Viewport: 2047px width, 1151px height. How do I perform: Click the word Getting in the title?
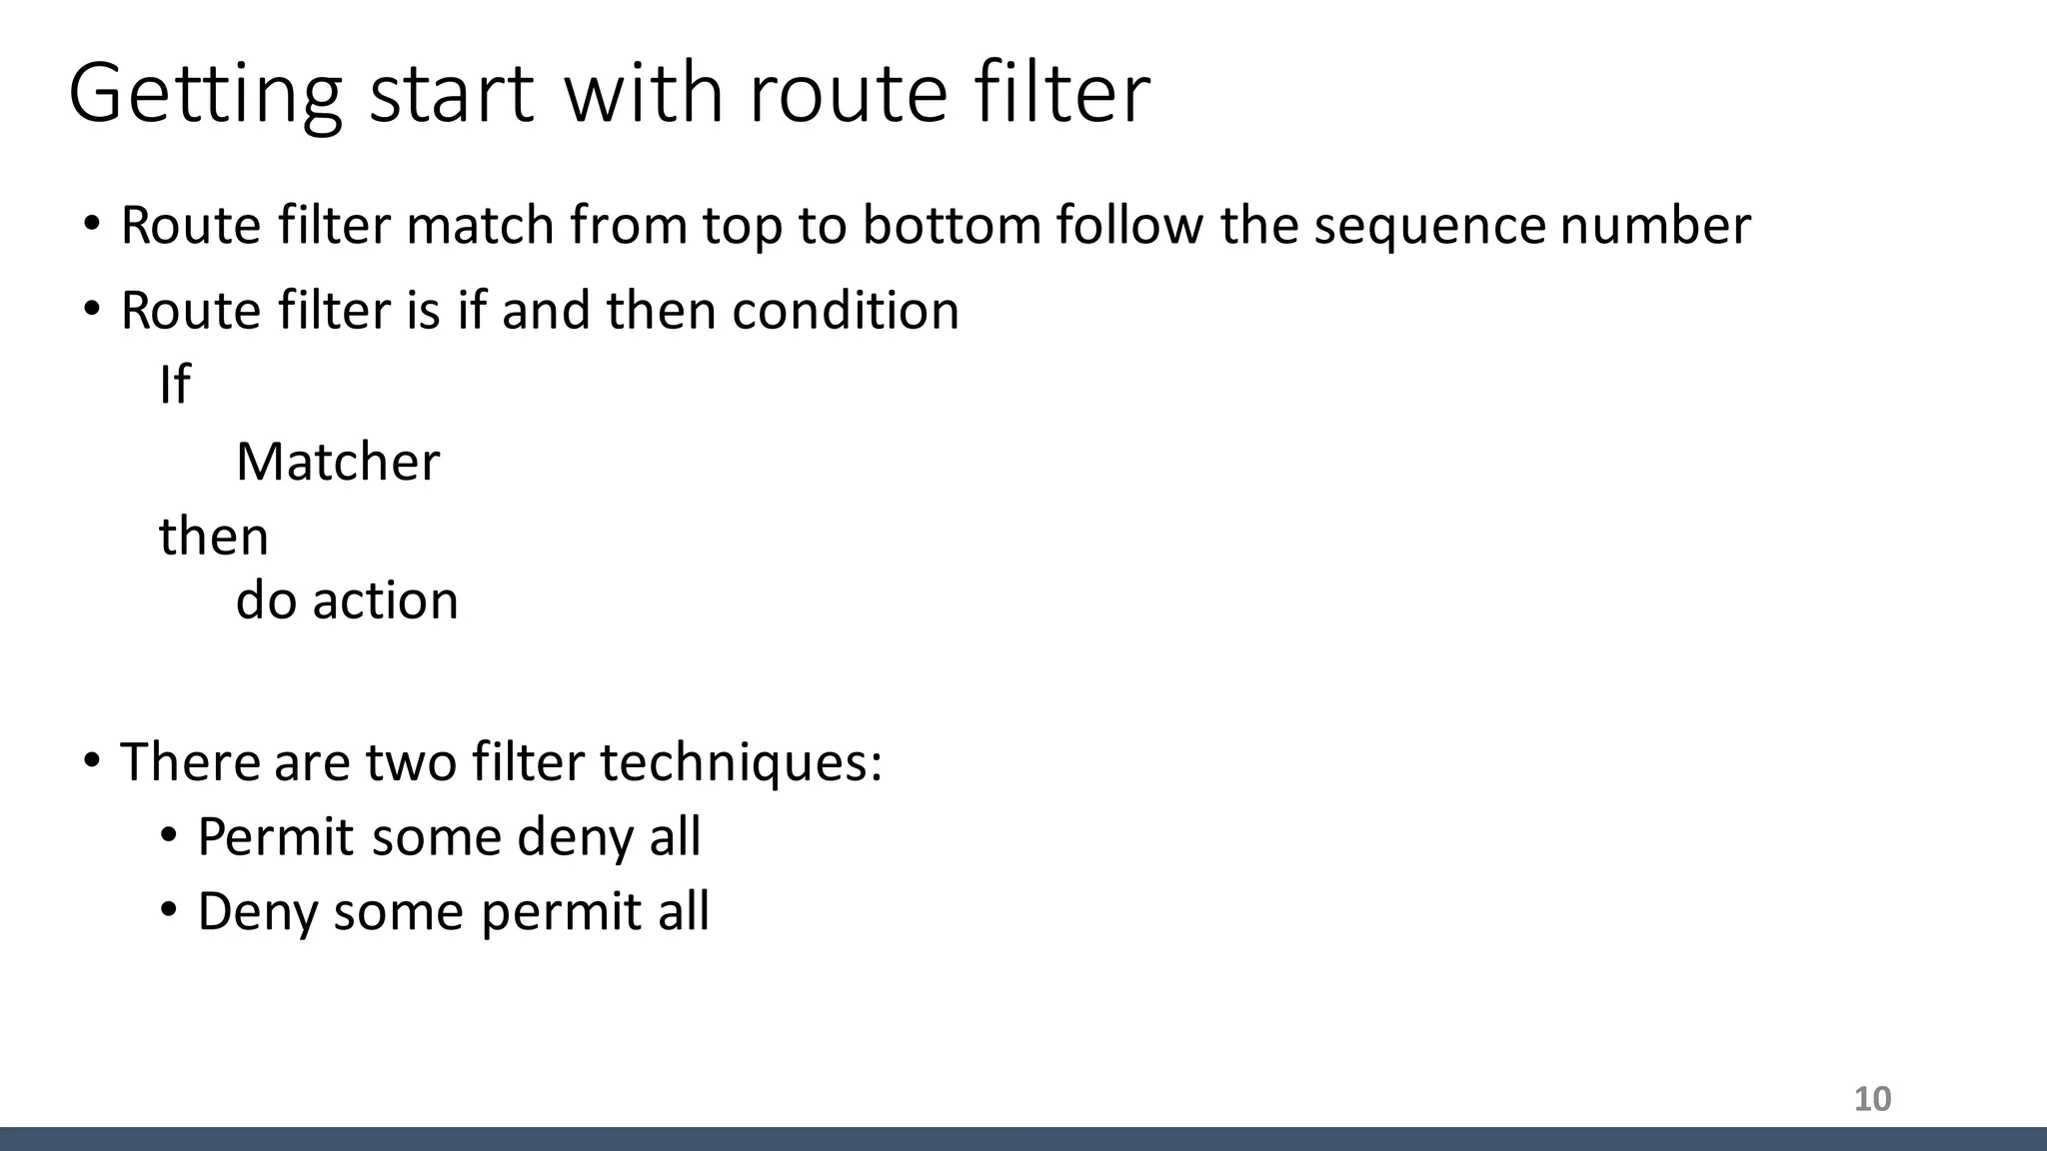[x=205, y=95]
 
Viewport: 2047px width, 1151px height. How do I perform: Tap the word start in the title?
[x=451, y=95]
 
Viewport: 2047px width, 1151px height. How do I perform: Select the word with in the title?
[x=643, y=95]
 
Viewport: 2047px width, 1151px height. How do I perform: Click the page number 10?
[x=1872, y=1099]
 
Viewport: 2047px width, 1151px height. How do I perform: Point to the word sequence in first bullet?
[x=1429, y=227]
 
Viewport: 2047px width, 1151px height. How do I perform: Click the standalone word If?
[x=174, y=385]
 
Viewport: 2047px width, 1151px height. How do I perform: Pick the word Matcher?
[x=338, y=463]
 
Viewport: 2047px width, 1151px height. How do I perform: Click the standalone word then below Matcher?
[x=214, y=537]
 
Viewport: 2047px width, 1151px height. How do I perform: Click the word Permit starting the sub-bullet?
[x=275, y=837]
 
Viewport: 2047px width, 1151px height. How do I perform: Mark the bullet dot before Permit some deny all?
[x=168, y=834]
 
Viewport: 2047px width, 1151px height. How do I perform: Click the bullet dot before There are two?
[x=92, y=760]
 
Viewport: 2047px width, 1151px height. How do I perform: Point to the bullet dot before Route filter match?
[x=92, y=224]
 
